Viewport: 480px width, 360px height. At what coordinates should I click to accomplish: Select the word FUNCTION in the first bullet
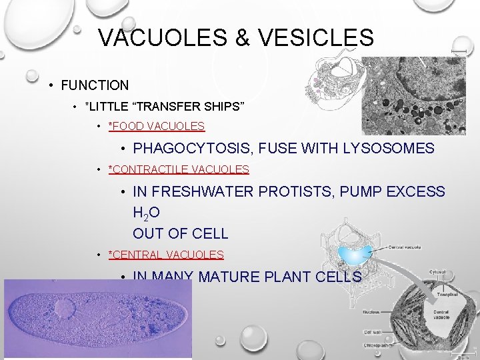[x=95, y=85]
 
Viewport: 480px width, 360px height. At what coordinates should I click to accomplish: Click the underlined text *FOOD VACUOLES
[x=156, y=126]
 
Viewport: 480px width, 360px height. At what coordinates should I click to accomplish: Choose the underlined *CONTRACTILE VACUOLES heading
[x=178, y=170]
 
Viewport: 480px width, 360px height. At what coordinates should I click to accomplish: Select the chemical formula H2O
[x=146, y=213]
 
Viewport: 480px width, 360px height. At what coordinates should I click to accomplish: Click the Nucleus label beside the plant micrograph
[x=372, y=311]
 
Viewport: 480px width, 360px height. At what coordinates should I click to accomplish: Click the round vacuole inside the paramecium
[x=65, y=309]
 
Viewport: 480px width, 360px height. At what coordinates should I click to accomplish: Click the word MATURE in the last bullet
[x=225, y=277]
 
